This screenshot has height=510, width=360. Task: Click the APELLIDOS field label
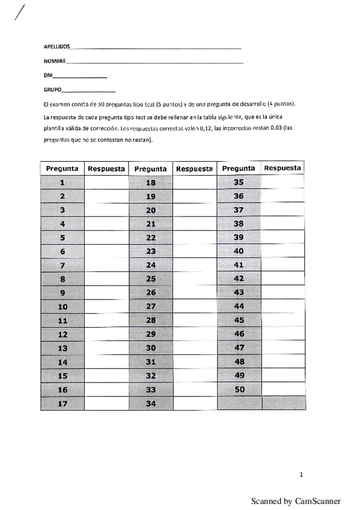pyautogui.click(x=57, y=46)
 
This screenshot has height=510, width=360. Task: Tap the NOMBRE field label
pyautogui.click(x=55, y=61)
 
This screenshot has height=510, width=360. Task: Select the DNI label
pyautogui.click(x=48, y=75)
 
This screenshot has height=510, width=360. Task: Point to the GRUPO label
pyautogui.click(x=50, y=90)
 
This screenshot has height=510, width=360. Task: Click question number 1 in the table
pyautogui.click(x=63, y=182)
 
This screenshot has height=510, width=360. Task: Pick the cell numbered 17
pyautogui.click(x=63, y=404)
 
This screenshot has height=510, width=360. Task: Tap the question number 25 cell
pyautogui.click(x=151, y=279)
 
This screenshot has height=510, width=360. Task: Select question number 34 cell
pyautogui.click(x=151, y=404)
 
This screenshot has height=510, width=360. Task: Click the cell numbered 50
pyautogui.click(x=239, y=390)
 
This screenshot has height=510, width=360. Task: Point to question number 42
pyautogui.click(x=239, y=279)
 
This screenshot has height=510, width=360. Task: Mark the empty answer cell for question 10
pyautogui.click(x=106, y=307)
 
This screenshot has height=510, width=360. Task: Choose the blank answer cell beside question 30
pyautogui.click(x=195, y=348)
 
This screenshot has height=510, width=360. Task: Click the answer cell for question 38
pyautogui.click(x=283, y=224)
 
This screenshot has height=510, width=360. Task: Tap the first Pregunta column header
pyautogui.click(x=63, y=168)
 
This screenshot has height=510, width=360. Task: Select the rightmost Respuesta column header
pyautogui.click(x=282, y=168)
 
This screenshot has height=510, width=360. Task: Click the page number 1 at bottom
pyautogui.click(x=301, y=475)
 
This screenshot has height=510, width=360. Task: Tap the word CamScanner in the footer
pyautogui.click(x=318, y=500)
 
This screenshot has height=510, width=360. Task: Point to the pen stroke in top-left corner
pyautogui.click(x=20, y=11)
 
